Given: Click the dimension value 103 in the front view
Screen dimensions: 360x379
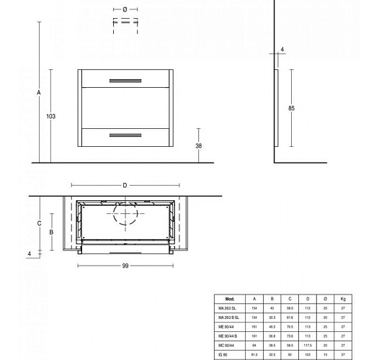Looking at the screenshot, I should point(50,116).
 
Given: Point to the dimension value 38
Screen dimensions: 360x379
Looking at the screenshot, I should point(199,145).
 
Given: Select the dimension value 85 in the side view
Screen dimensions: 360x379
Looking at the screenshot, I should point(292,108).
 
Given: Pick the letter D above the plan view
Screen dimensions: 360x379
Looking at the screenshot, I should point(125,185).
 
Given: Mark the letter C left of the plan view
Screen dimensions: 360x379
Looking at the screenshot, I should point(38,224).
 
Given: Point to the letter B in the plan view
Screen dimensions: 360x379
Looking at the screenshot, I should point(51,233).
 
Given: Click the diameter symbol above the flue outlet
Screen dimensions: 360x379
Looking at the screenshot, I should point(125,9).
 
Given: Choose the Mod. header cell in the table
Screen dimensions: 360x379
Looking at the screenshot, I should point(230,298).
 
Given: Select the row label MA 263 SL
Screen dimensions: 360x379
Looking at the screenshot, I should point(229,307).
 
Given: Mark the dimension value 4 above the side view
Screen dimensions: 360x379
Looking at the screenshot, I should point(282,49).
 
